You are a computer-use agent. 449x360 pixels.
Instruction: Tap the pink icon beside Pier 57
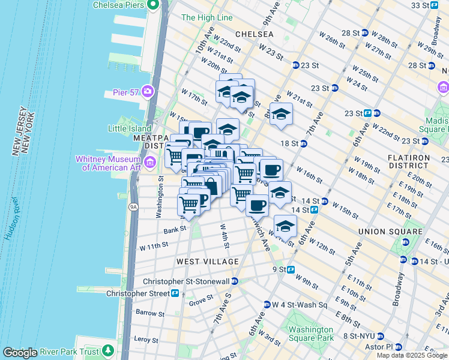(147, 92)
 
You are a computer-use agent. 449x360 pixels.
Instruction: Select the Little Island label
(130, 128)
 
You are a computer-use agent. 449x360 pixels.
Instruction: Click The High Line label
(206, 18)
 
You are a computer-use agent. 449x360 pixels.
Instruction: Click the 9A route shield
(133, 207)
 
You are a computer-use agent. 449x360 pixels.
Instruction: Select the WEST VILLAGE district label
(207, 262)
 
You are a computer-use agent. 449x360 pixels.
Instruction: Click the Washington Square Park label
(310, 334)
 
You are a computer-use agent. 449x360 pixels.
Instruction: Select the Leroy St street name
(142, 339)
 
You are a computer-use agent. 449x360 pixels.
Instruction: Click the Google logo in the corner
(20, 353)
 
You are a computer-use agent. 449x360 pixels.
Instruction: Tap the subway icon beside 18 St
(304, 143)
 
